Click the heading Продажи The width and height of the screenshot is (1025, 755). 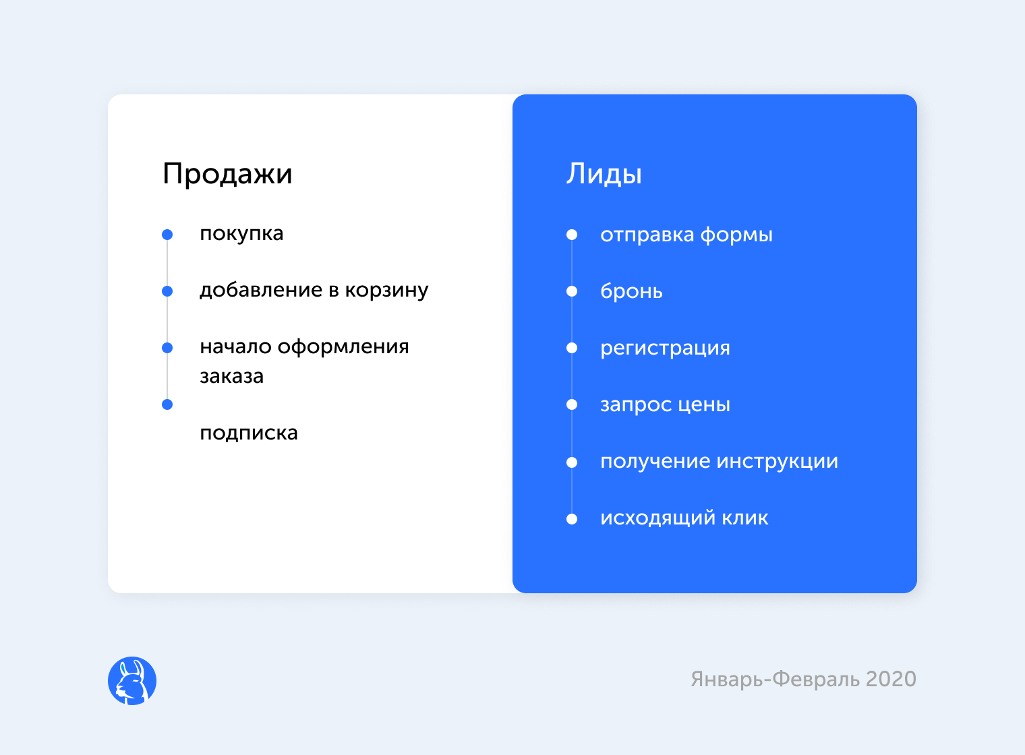tap(227, 174)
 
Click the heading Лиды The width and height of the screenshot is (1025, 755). tap(604, 174)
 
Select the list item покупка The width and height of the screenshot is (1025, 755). tap(241, 234)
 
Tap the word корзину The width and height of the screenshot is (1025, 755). tap(386, 291)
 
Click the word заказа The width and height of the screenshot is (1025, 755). tap(231, 376)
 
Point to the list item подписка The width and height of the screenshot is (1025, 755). tap(249, 433)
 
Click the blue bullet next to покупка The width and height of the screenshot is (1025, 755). tap(167, 235)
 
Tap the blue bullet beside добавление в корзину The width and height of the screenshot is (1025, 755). tap(167, 291)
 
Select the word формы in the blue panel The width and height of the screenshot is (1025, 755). tap(736, 235)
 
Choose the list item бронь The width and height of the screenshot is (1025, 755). tap(631, 291)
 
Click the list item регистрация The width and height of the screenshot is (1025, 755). tap(666, 349)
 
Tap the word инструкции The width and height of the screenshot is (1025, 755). tap(778, 462)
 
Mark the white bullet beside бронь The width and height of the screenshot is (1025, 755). tap(572, 291)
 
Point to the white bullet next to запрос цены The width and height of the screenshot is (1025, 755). tap(572, 404)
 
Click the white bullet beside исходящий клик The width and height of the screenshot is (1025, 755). tap(572, 519)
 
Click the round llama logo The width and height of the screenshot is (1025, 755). tap(132, 681)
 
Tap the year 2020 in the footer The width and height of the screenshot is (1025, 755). tap(890, 679)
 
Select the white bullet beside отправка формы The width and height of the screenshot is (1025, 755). tap(572, 235)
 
